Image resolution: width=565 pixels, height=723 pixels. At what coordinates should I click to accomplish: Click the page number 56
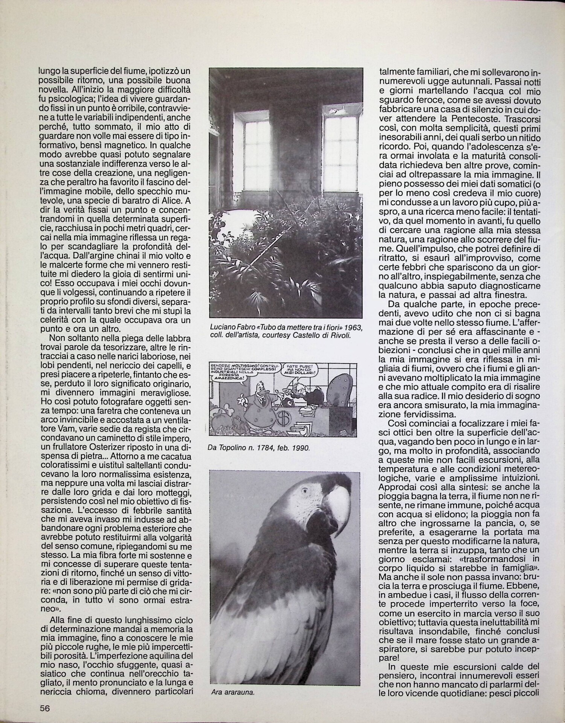click(x=45, y=708)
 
